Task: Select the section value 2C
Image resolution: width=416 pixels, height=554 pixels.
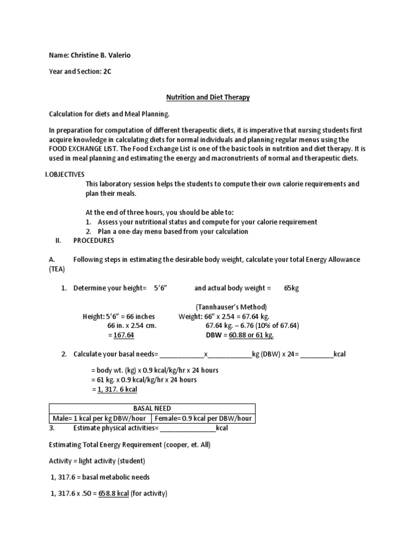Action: (107, 70)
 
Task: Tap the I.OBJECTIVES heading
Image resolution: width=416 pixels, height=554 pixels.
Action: (65, 175)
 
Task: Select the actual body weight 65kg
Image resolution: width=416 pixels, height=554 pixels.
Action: (291, 288)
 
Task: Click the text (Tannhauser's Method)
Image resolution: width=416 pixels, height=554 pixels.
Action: (231, 307)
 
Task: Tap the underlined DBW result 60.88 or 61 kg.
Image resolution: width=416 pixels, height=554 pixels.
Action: (251, 335)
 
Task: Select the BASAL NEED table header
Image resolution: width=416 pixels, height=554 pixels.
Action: (152, 408)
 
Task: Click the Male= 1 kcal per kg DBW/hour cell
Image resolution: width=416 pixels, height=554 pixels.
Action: (100, 418)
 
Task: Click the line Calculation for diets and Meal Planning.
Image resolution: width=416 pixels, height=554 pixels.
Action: (109, 114)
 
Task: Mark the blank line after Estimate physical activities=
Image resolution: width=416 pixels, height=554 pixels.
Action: (187, 428)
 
